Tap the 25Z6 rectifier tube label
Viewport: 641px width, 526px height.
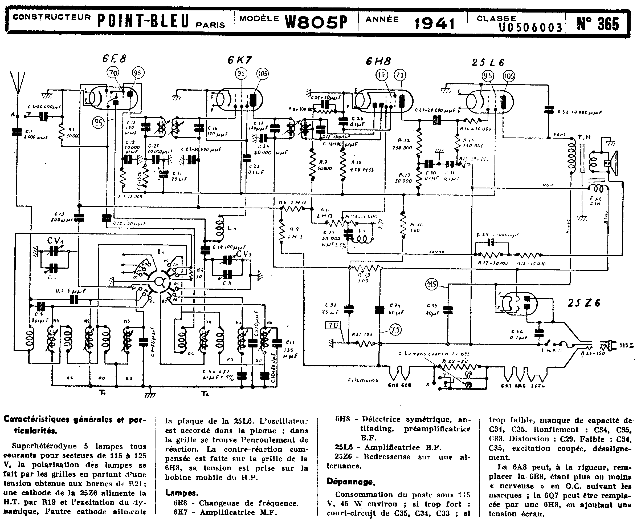point(583,303)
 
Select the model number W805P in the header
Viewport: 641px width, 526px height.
point(316,22)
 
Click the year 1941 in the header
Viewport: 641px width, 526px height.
point(434,23)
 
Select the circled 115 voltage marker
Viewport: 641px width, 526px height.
point(431,284)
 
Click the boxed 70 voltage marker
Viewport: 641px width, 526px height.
point(333,325)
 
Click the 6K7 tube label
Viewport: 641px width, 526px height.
point(239,60)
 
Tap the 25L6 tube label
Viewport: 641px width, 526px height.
point(488,62)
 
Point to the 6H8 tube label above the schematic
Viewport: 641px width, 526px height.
point(378,62)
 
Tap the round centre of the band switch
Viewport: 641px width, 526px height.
point(158,282)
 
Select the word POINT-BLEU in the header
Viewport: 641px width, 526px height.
point(143,21)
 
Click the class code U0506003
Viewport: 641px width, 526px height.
point(530,27)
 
